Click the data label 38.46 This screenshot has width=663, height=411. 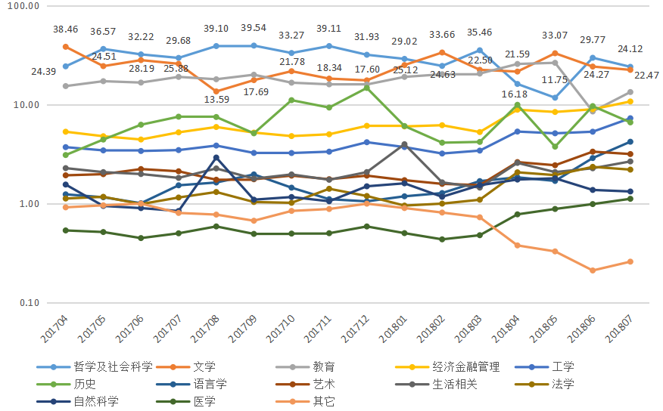[65, 29]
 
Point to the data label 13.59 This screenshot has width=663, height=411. [216, 99]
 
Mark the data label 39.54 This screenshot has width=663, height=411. [254, 28]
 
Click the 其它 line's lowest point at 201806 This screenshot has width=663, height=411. [593, 270]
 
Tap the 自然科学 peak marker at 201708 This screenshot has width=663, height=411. [216, 158]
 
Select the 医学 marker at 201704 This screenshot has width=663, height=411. [66, 230]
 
